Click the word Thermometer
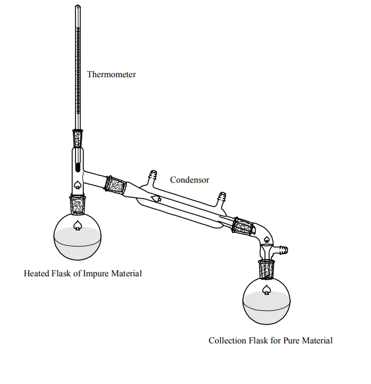pos(112,74)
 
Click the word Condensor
pos(189,180)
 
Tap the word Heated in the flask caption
pos(37,273)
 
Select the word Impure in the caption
pos(96,273)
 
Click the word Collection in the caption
pos(227,341)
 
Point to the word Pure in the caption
pos(291,341)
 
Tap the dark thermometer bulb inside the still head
pos(78,168)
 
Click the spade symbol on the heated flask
pos(78,226)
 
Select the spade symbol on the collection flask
pos(266,290)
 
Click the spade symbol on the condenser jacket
pos(156,198)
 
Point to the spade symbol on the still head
pos(78,185)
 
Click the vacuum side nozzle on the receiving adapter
pos(282,250)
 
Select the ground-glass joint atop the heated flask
pos(78,205)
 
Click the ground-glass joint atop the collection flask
pos(267,270)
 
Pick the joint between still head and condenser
pos(116,185)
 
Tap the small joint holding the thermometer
pos(78,138)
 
